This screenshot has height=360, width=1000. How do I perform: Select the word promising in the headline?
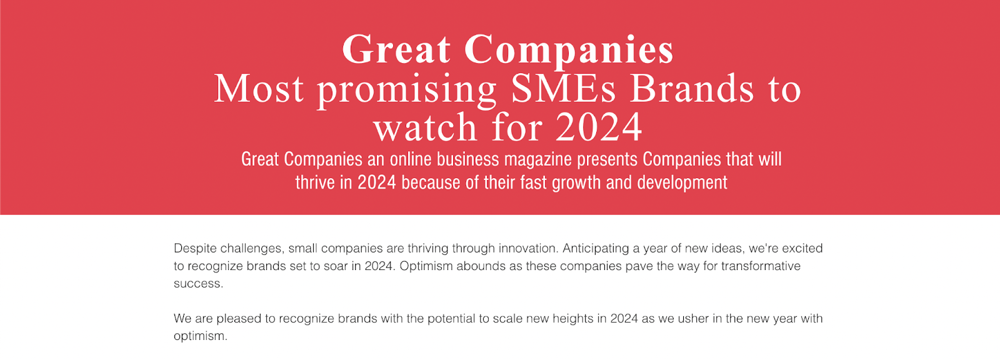click(407, 91)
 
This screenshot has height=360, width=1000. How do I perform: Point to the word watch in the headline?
click(426, 127)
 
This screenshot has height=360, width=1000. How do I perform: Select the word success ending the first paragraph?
click(198, 284)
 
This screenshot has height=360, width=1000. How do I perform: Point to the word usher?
click(691, 319)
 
